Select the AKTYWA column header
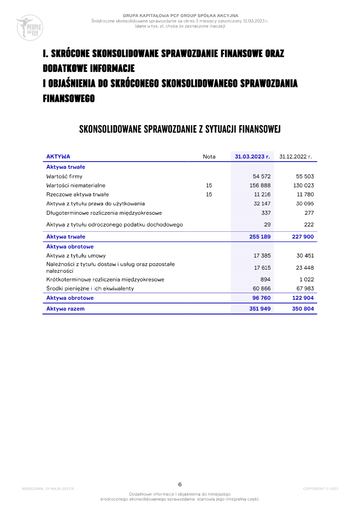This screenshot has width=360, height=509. tap(58, 157)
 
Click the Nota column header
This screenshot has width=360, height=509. tap(209, 157)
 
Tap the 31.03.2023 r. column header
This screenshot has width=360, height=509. tap(252, 157)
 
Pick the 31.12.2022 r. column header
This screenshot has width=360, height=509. tap(295, 157)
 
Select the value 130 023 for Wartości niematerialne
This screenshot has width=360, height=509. tap(303, 185)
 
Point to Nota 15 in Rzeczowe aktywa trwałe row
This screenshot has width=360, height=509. tap(209, 194)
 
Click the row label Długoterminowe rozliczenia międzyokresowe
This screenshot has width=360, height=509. tap(104, 212)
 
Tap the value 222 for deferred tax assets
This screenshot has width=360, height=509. tap(309, 225)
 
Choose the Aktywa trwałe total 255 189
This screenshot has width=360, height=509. tap(260, 237)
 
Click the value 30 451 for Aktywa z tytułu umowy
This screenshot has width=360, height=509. tap(305, 256)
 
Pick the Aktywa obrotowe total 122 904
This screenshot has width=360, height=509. tap(303, 298)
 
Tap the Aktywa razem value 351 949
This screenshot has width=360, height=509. tap(260, 309)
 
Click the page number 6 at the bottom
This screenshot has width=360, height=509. tap(180, 485)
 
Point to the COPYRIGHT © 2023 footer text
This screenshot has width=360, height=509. tap(320, 489)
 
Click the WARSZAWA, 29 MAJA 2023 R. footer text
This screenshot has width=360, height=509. tap(48, 489)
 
